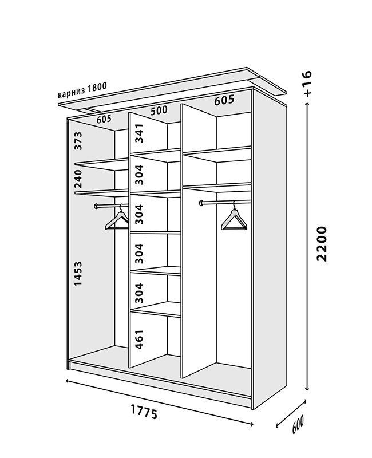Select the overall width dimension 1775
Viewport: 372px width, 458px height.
pos(144,411)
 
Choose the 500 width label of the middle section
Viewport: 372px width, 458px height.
pos(159,110)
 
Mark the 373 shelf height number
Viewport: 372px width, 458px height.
pos(79,141)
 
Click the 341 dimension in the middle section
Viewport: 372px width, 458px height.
pos(138,134)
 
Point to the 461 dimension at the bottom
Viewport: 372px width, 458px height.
pos(138,339)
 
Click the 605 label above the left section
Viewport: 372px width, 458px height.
pos(104,119)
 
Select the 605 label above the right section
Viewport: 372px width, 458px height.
pos(224,101)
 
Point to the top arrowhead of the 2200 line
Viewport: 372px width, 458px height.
pos(308,109)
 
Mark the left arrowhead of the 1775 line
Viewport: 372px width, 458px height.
pos(68,382)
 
